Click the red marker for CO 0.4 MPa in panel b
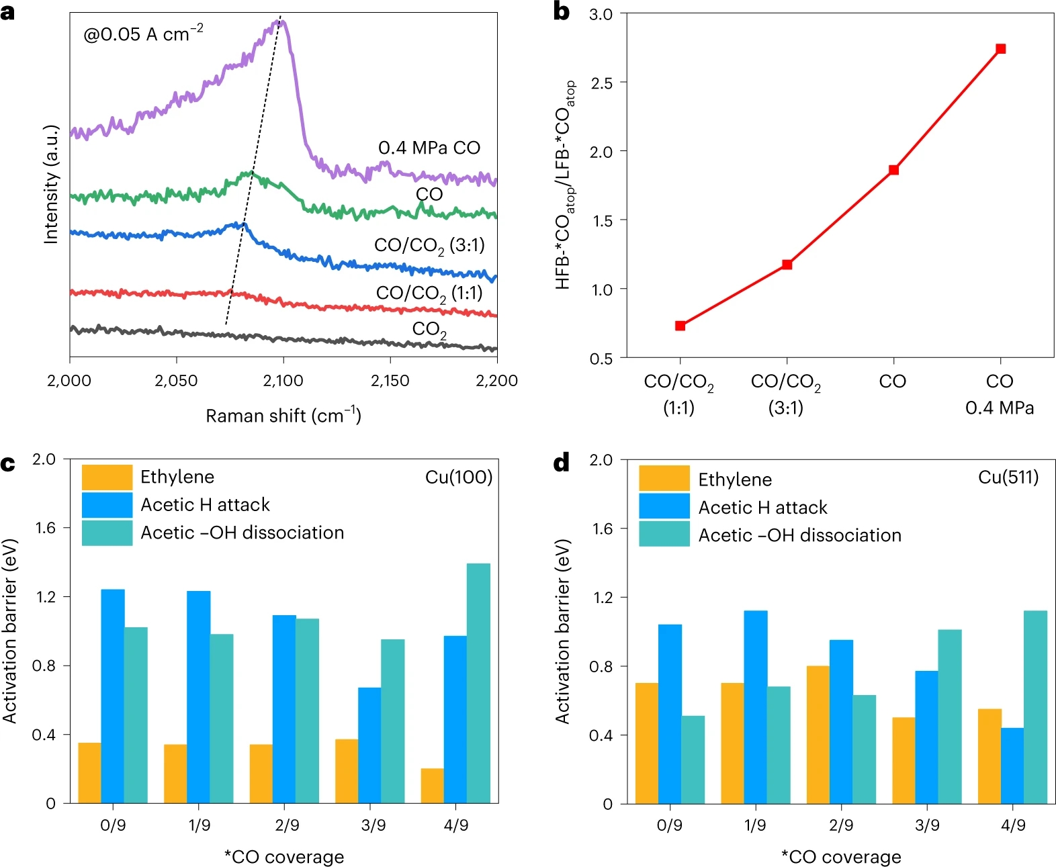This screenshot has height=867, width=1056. coord(1000,48)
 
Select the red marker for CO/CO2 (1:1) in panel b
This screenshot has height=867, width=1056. coord(680,326)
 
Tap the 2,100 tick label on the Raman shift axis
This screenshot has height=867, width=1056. coord(283,381)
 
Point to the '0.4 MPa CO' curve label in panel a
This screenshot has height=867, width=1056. coord(429,148)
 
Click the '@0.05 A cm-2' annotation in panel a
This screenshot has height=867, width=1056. coord(143,34)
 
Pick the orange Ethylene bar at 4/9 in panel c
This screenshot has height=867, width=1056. coord(432,785)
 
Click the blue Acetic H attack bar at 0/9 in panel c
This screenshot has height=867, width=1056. coord(113,696)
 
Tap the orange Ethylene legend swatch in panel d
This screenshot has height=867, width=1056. coord(664,478)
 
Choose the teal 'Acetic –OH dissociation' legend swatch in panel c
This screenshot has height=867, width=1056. coord(107,533)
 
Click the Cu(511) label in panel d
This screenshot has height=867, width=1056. coord(1008,477)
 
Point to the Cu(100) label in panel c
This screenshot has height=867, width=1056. coord(459,477)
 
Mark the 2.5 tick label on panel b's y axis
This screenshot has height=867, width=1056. coord(601,83)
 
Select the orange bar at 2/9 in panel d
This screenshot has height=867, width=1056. coord(818,734)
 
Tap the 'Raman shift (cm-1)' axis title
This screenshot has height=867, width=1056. coord(283,416)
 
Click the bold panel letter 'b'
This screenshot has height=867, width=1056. coord(561,11)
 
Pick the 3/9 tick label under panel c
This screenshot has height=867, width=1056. coord(373,825)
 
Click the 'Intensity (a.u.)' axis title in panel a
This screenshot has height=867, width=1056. coord(52,185)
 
